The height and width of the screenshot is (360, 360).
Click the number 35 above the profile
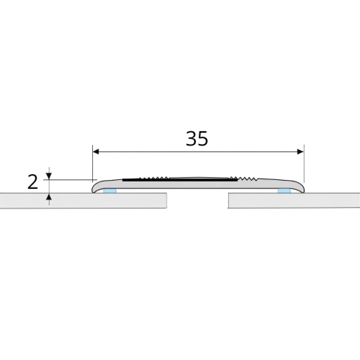196,139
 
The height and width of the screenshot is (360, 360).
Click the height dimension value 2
32,182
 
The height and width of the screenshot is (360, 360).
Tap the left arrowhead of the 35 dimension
96,151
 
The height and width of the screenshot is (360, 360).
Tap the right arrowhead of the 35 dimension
301,151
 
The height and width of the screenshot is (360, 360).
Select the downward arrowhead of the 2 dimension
49,176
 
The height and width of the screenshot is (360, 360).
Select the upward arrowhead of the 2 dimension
49,196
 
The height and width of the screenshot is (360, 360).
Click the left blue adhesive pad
109,191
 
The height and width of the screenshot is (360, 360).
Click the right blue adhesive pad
284,191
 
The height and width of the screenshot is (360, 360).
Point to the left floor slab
83,200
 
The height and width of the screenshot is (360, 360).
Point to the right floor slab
294,200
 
